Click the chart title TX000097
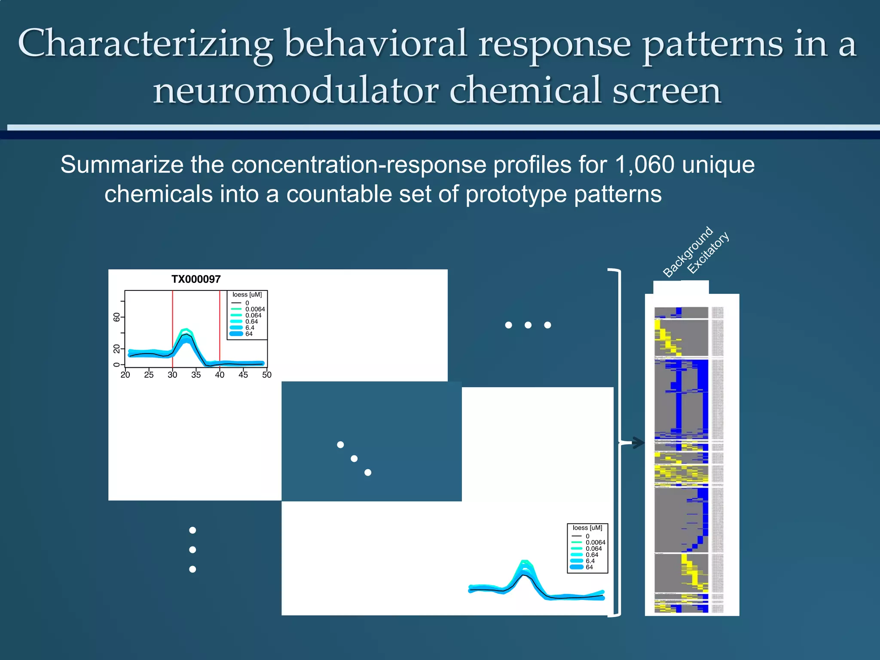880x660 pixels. [196, 279]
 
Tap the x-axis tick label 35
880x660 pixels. [196, 375]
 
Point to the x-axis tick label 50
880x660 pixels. [266, 375]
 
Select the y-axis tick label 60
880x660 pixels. [116, 317]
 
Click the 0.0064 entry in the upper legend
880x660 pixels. [255, 309]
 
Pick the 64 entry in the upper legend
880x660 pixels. [249, 334]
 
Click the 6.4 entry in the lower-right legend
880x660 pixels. [590, 561]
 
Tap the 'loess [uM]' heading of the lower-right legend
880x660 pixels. [587, 528]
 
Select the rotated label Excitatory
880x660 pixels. [708, 253]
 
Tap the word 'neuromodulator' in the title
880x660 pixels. [296, 91]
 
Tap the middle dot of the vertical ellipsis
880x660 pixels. [192, 550]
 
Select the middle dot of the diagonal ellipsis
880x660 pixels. [354, 458]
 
